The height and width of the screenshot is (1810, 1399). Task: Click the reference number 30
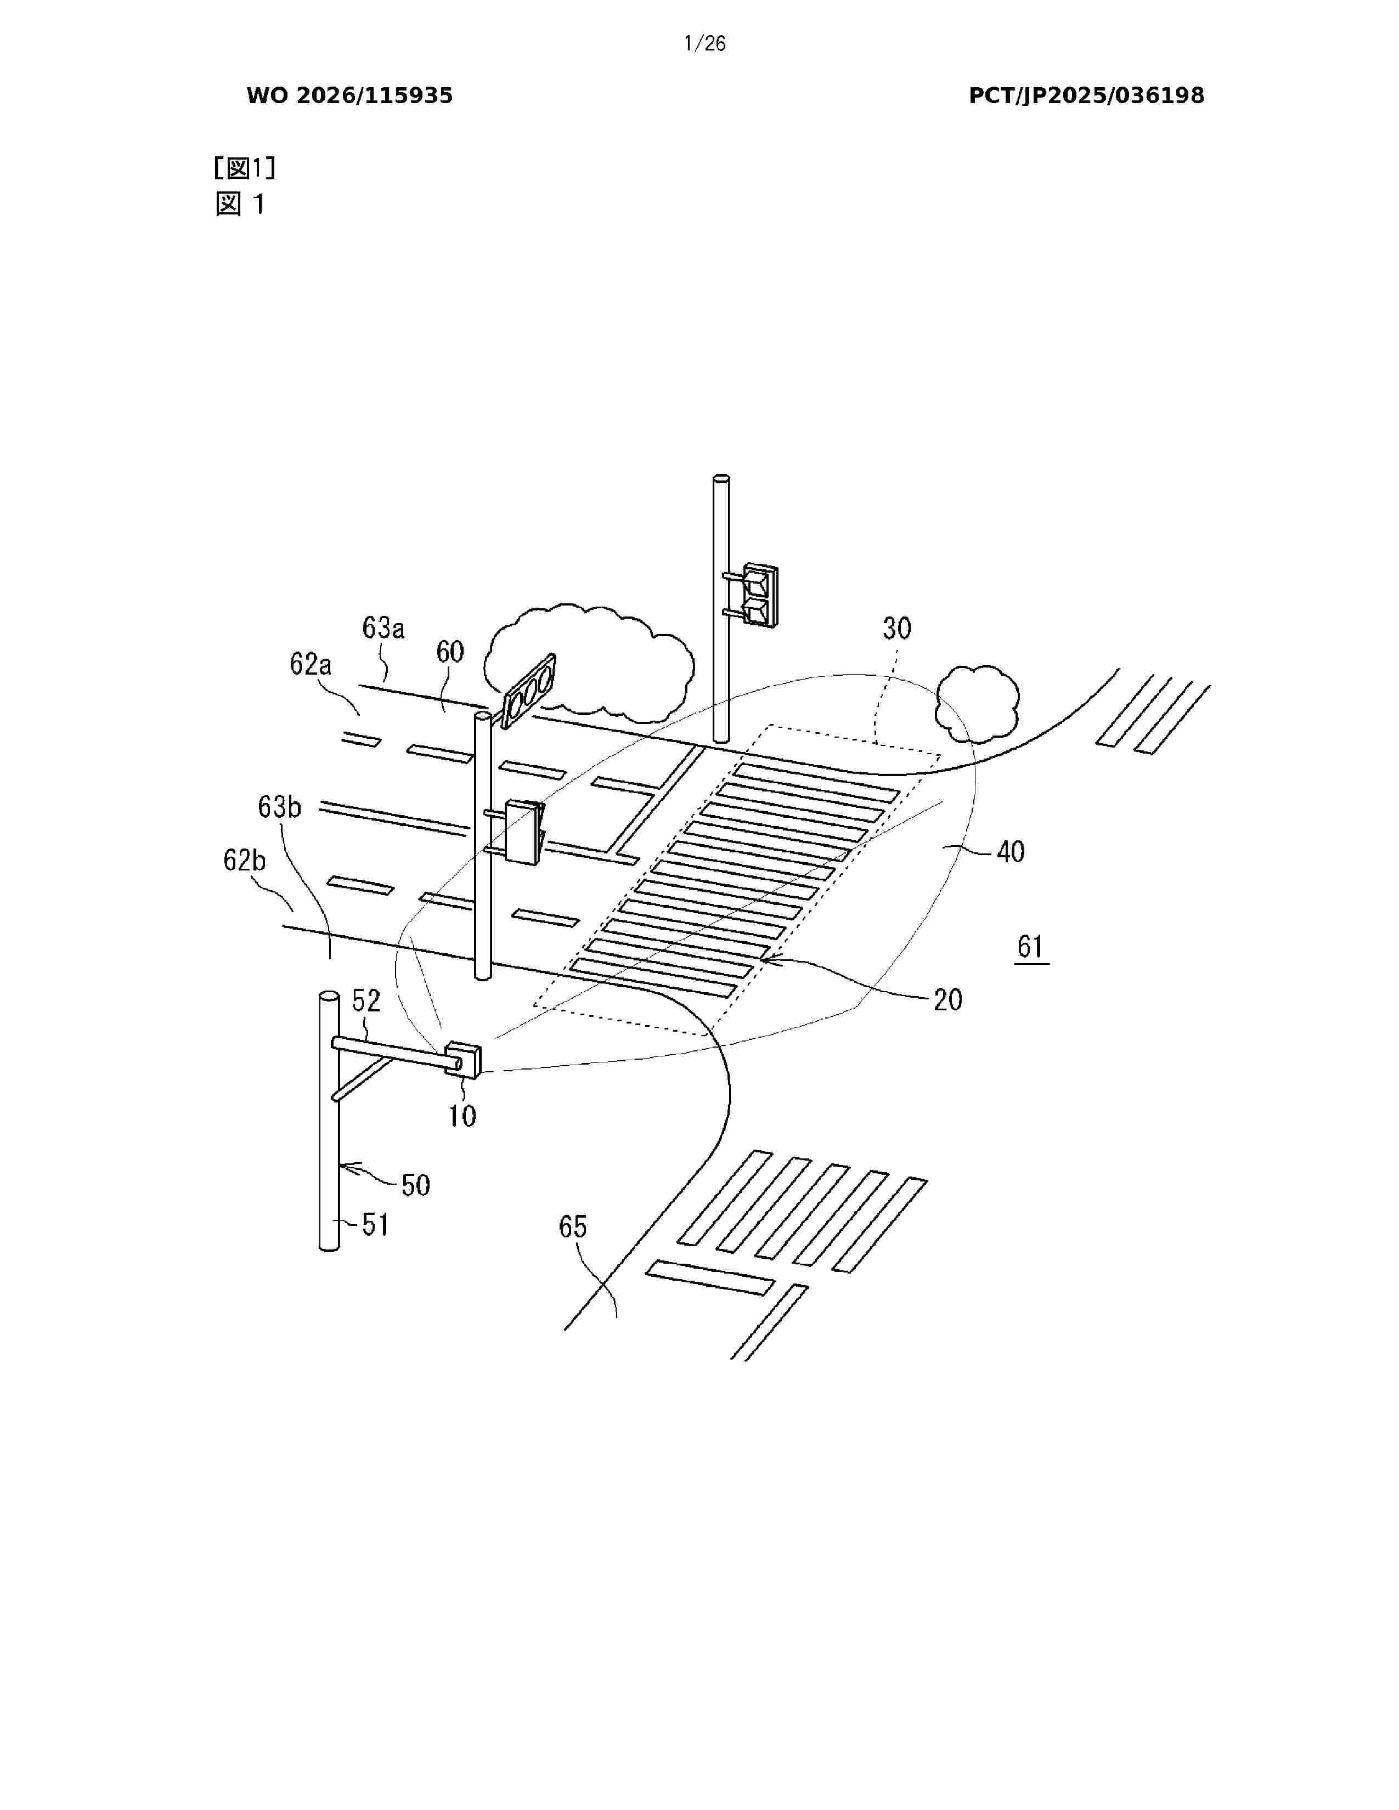897,628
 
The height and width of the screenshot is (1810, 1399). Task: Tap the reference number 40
1010,851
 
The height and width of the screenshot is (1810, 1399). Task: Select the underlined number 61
1030,947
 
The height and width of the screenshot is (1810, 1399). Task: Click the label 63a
383,628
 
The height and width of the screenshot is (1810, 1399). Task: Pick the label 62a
311,664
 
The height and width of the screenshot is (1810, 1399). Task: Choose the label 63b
279,806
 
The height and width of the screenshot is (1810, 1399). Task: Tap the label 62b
245,860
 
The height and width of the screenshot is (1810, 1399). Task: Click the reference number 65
573,1226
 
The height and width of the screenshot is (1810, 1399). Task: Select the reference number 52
366,1000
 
